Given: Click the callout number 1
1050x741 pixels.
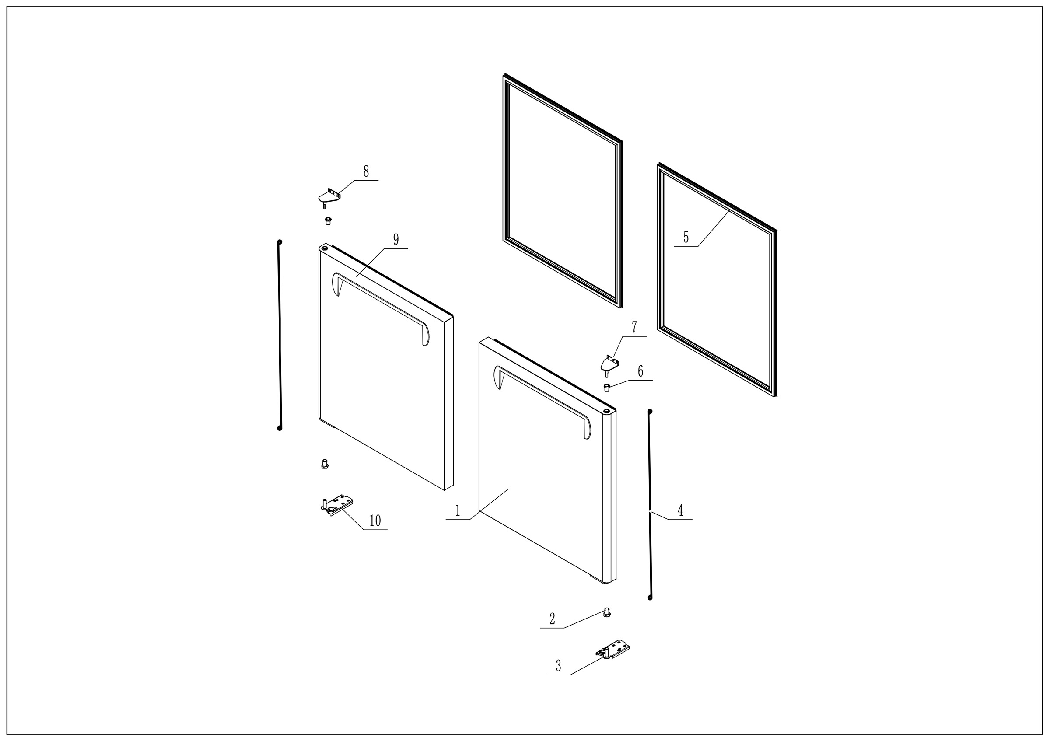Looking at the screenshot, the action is pos(458,510).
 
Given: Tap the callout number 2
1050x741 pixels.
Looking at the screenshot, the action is pos(553,619).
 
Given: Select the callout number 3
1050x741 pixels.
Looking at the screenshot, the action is pos(558,666).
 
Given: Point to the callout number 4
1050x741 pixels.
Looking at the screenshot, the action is pos(680,510).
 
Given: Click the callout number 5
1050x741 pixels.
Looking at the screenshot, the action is pos(686,237).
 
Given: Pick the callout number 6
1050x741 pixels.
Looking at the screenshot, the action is pos(640,371).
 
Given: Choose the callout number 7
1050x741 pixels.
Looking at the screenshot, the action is pos(634,327).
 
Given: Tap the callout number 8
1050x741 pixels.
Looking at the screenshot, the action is pos(366,171).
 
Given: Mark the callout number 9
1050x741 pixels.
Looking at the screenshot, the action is pos(396,240).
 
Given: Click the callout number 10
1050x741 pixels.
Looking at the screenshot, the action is pos(375,521).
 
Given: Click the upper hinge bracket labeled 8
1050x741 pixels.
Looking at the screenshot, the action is pos(329,197).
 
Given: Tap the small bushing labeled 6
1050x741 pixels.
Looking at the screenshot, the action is pos(607,388).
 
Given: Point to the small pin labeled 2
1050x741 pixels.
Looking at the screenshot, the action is pos(607,612).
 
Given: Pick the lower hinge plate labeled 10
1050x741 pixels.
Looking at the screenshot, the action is pos(336,505).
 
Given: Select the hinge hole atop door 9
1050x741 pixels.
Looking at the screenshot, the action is pos(324,248).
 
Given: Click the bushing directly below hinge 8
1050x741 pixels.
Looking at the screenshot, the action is pos(328,221).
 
